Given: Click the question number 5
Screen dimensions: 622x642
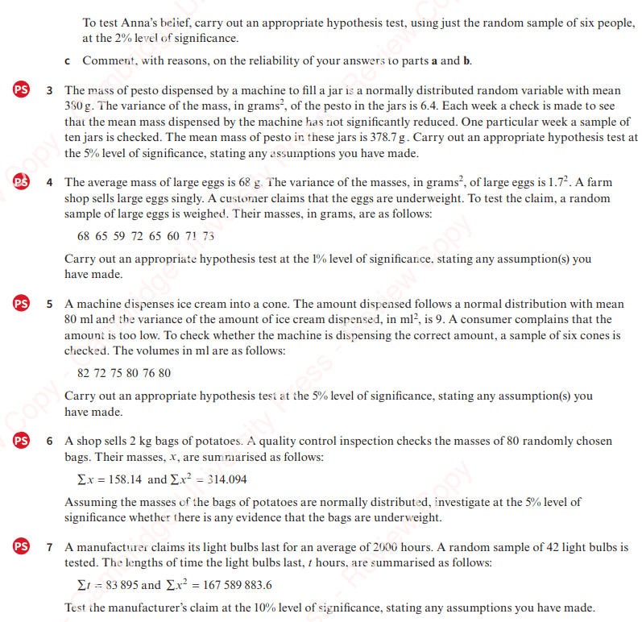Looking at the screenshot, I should (x=50, y=305).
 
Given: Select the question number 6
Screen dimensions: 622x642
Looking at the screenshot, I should (x=50, y=442).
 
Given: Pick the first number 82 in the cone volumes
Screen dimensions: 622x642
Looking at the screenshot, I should (x=84, y=374).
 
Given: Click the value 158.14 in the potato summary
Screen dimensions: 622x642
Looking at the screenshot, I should (x=124, y=479).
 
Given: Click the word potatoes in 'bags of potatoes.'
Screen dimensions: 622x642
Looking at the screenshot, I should (x=213, y=442).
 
